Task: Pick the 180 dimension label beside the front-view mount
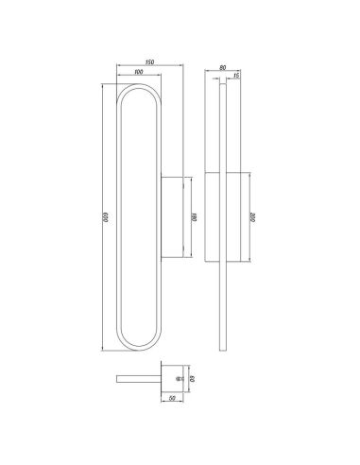click(x=195, y=216)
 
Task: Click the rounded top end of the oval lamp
click(x=139, y=88)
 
